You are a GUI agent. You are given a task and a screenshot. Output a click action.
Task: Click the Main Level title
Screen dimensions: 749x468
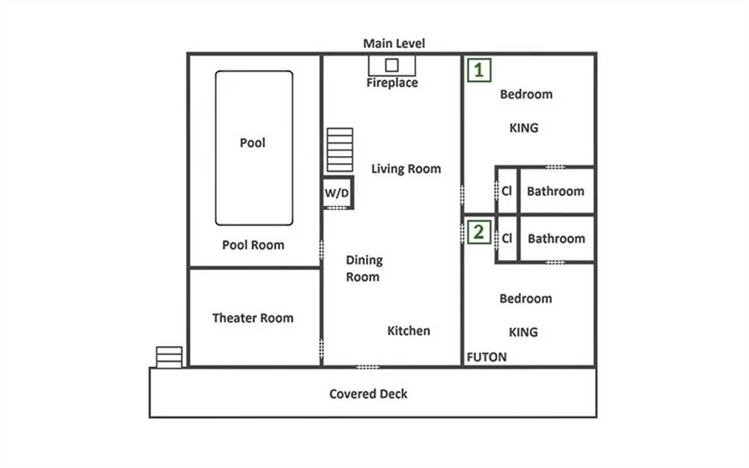click(394, 43)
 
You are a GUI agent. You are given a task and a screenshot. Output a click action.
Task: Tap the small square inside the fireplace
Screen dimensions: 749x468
click(392, 65)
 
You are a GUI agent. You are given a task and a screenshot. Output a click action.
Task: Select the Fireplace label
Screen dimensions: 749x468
click(392, 82)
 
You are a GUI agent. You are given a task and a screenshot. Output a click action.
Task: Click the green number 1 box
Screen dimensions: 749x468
click(479, 70)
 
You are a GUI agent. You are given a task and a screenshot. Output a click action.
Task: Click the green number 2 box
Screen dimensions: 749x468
click(479, 232)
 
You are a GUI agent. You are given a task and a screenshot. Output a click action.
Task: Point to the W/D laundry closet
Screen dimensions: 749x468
click(338, 193)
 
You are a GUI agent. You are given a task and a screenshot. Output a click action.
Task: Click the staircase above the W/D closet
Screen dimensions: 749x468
click(340, 150)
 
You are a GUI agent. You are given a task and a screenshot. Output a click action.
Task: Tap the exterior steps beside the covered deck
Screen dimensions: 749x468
click(169, 357)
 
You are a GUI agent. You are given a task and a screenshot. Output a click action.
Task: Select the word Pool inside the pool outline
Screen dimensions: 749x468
click(252, 143)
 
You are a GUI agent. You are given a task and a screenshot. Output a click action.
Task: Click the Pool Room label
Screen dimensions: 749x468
click(253, 245)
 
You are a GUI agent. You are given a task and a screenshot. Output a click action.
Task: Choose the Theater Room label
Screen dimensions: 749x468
click(253, 318)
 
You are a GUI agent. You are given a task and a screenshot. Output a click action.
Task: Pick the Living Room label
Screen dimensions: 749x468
click(406, 169)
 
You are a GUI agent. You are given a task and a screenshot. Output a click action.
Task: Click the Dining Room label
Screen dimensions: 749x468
click(364, 269)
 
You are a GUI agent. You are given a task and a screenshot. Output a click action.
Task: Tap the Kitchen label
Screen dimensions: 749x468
click(408, 331)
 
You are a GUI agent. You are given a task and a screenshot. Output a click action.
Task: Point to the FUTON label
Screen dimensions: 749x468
click(486, 357)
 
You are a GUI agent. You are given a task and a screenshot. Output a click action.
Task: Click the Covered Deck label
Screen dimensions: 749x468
click(368, 394)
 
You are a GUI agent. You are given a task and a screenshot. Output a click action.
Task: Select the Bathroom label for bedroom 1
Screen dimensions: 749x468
click(555, 191)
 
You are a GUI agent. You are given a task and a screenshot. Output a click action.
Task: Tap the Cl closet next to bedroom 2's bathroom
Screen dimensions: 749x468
click(507, 238)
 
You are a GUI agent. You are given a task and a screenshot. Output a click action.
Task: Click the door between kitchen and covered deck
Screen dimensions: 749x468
click(367, 367)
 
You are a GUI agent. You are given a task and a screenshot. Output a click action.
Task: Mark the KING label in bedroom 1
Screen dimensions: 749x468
click(524, 128)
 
